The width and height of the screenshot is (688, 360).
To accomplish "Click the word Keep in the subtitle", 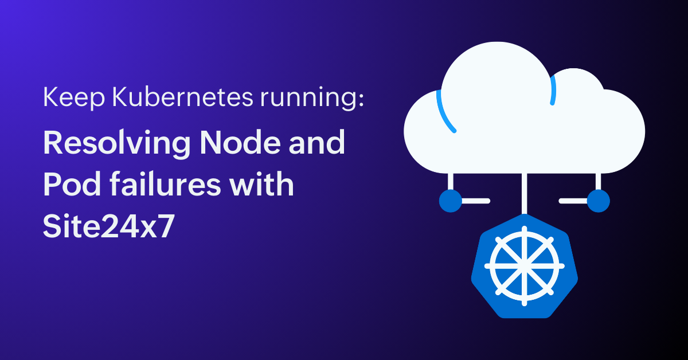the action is coord(74,97).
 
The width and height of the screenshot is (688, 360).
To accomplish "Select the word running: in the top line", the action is coord(312,98).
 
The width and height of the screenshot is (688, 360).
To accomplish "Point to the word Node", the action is coord(240,142).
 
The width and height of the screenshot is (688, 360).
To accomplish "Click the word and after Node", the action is coord(317,142).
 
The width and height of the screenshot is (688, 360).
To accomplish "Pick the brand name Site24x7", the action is coord(109,226).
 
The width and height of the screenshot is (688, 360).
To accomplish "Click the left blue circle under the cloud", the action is coord(451,201).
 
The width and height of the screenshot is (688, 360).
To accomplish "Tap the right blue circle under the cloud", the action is coord(599,201).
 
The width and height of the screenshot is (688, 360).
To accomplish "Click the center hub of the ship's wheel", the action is coord(524,266).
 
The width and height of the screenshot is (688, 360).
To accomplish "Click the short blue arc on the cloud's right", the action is coord(553,90).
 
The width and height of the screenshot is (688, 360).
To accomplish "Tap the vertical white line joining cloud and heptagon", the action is coord(524,194).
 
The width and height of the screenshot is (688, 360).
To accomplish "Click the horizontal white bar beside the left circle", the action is coord(476,201).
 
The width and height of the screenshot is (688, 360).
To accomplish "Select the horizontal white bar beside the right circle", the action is coord(573,201).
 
